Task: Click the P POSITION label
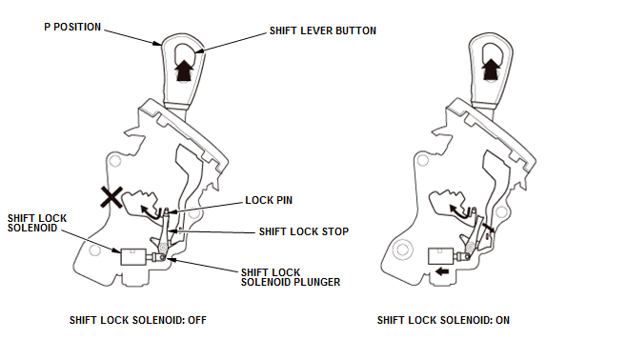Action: coord(72,27)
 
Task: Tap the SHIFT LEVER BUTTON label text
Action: coord(323,30)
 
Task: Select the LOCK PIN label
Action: coord(269,200)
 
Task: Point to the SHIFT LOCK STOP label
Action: coord(304,231)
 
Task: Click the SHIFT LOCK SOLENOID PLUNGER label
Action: coord(291,277)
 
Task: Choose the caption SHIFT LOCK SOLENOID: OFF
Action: coord(138,320)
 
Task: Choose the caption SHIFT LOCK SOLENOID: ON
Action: coord(443,320)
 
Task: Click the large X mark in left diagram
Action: coord(111,197)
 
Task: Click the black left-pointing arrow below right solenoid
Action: coord(442,271)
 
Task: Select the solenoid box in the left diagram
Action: coord(133,256)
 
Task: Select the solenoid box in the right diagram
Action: coord(440,256)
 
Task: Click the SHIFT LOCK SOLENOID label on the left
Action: coord(37,223)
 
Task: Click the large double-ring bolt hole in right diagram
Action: coord(403,250)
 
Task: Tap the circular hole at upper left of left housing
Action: coord(115,161)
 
